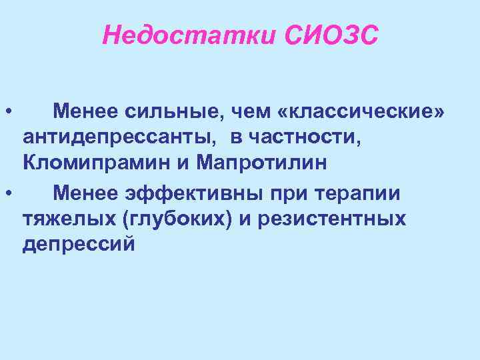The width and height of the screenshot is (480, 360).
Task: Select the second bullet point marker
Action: pos(6,194)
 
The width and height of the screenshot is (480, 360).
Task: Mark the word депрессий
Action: pos(78,244)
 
